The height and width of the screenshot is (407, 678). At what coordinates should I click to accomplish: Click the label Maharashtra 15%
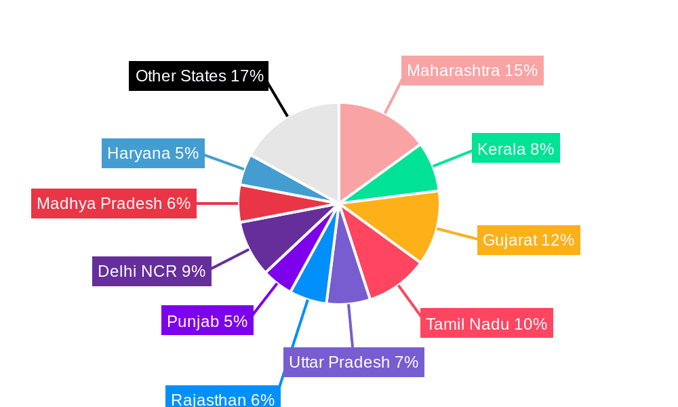(472, 71)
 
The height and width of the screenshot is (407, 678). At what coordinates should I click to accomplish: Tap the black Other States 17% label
(199, 76)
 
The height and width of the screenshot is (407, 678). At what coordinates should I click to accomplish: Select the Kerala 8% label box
(515, 149)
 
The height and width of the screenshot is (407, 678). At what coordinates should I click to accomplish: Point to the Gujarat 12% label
(528, 240)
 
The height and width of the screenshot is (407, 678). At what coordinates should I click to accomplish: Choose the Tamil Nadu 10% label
(486, 324)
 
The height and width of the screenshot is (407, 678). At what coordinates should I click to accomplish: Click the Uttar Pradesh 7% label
(353, 362)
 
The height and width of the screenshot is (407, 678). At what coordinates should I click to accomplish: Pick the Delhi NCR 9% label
(151, 271)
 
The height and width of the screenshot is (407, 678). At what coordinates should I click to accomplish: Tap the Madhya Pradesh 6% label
(113, 203)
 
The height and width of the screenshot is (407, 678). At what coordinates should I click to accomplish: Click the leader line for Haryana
(224, 163)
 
